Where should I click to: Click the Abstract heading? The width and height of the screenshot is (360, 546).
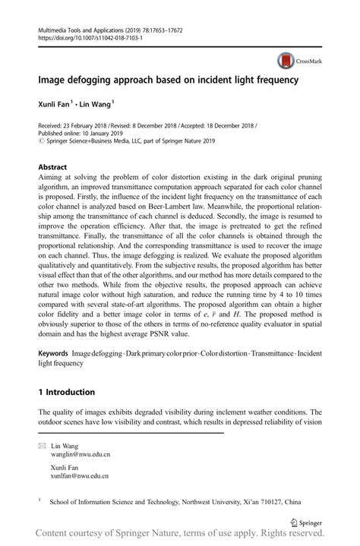pyautogui.click(x=52, y=166)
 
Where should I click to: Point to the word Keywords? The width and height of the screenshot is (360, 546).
pyautogui.click(x=52, y=355)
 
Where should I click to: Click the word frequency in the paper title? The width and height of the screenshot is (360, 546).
pyautogui.click(x=269, y=78)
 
